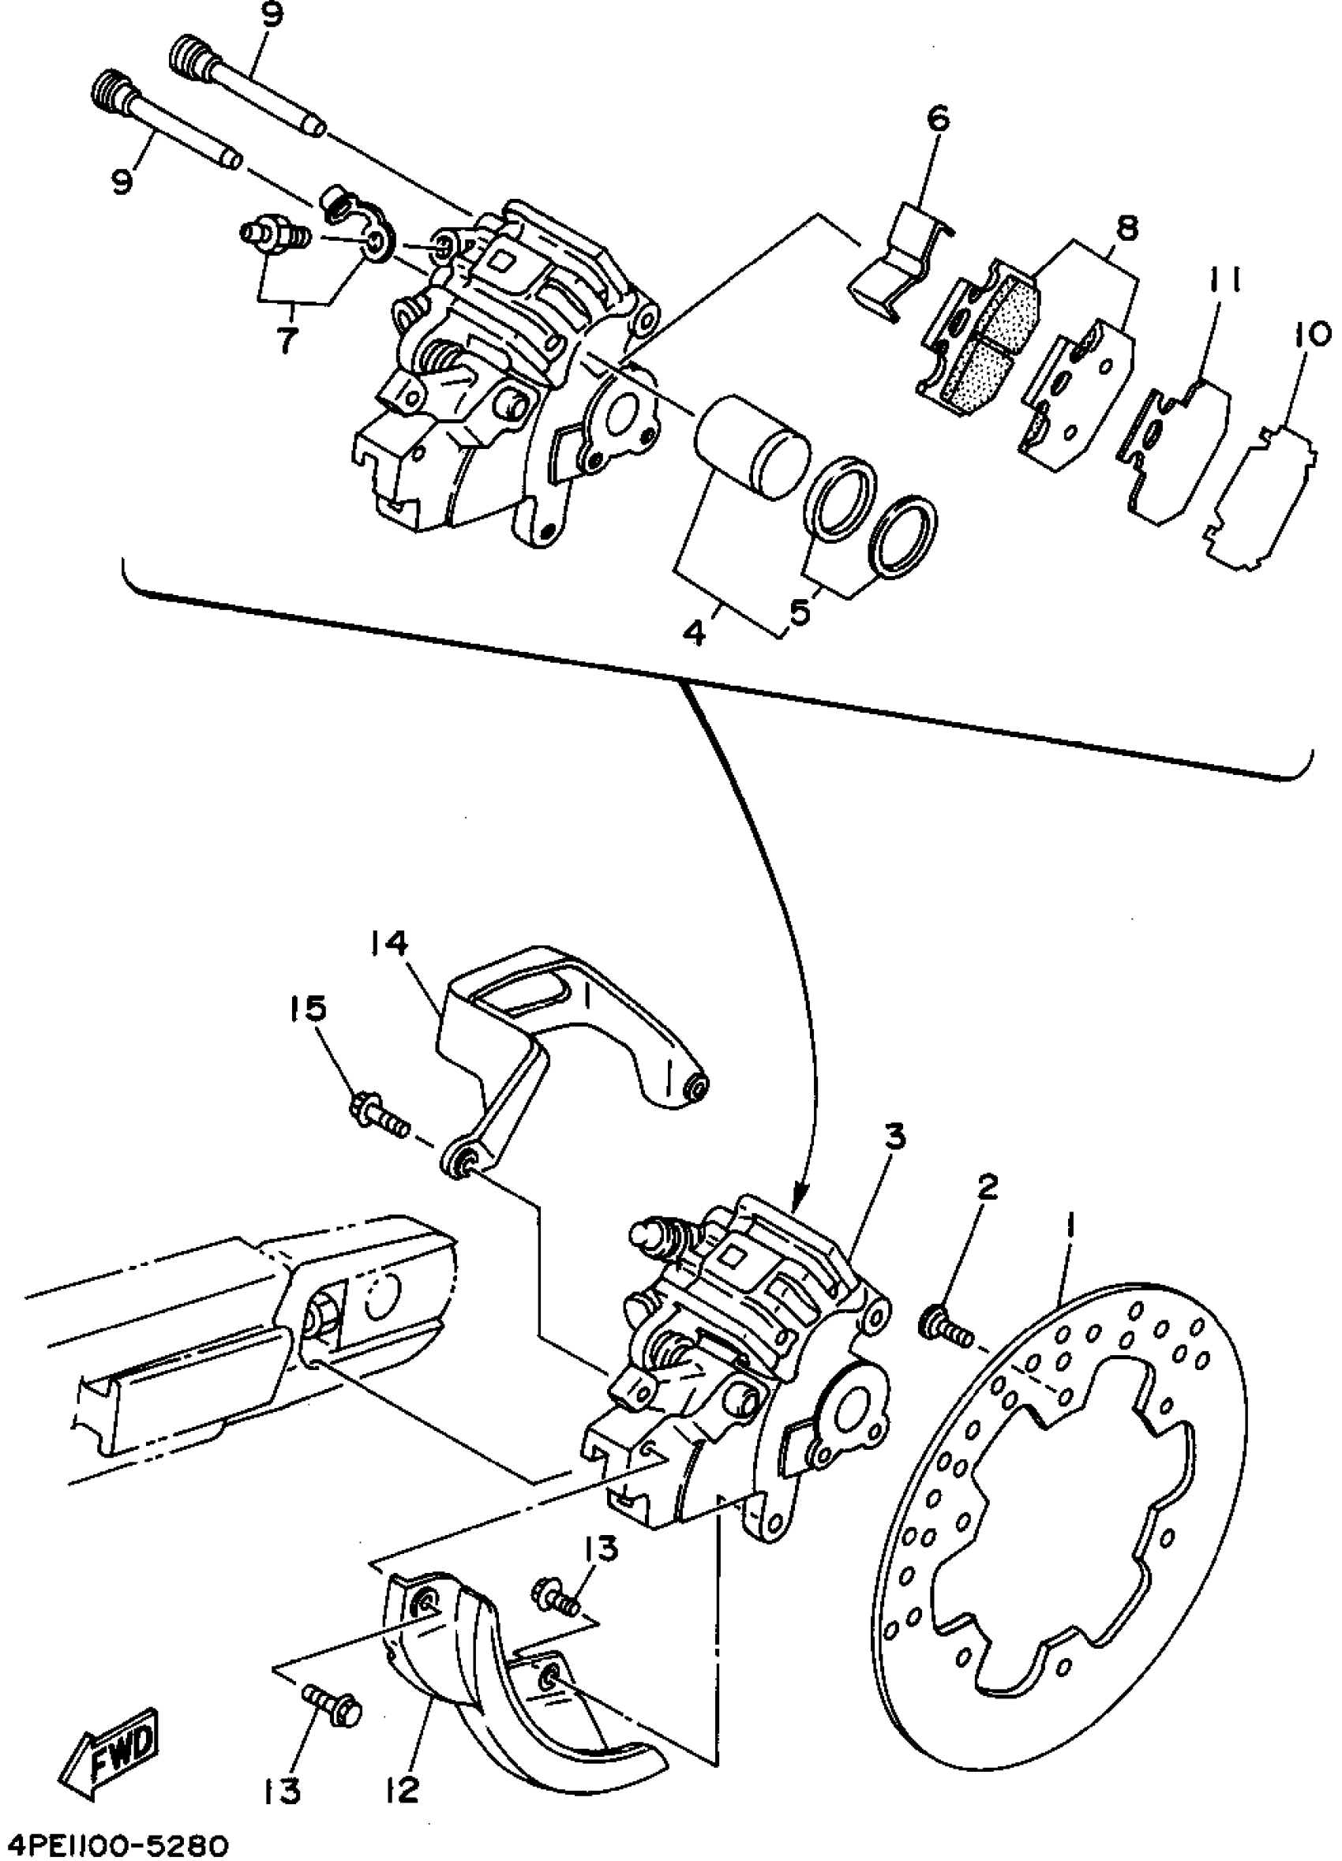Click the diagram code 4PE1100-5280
click(116, 1844)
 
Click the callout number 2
click(987, 1186)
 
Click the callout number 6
click(937, 119)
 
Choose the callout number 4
click(695, 635)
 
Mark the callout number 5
click(800, 612)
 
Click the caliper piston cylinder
click(751, 447)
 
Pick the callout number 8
click(1127, 229)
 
